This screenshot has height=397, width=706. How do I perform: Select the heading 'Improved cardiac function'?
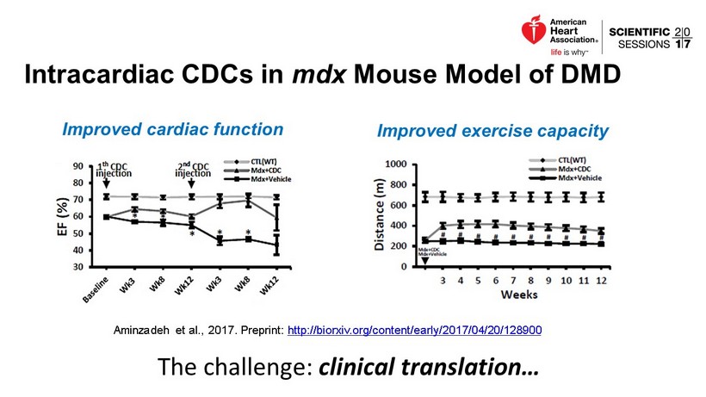pos(173,129)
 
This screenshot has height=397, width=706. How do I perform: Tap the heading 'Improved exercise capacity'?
pos(492,132)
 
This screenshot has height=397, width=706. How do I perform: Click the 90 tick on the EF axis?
pos(77,166)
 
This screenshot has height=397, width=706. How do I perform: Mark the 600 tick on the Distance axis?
pos(399,205)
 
